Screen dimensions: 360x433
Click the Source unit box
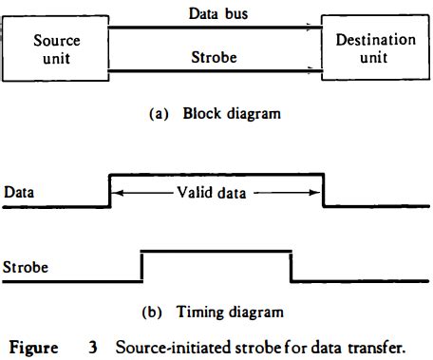coord(55,48)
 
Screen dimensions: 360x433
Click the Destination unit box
coord(375,48)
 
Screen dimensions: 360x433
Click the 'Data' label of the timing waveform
coord(20,192)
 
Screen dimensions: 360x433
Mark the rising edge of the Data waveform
coord(111,189)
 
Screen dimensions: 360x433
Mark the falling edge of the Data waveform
coord(324,189)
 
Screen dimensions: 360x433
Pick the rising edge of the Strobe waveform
coord(141,265)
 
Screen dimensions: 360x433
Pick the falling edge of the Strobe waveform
coord(291,265)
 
